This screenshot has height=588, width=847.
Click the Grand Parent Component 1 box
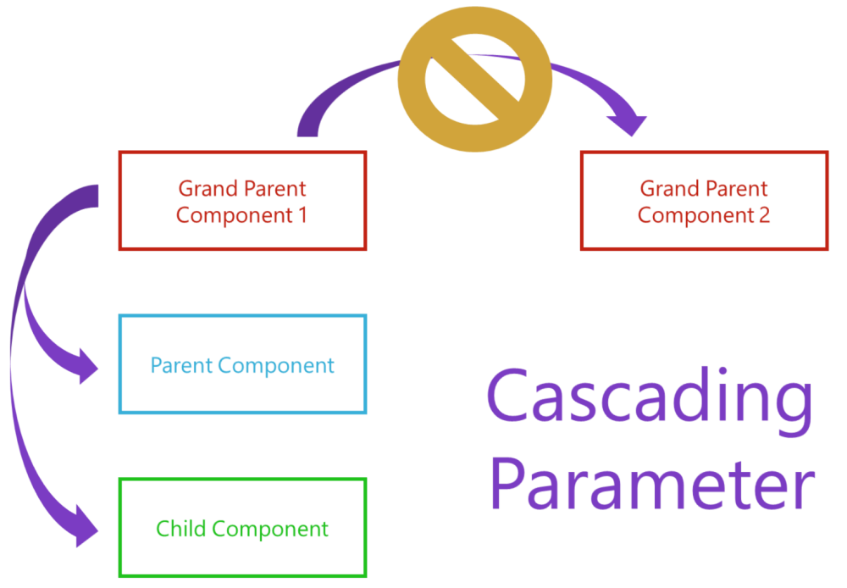pyautogui.click(x=242, y=201)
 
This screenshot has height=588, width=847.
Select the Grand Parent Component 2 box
pyautogui.click(x=704, y=201)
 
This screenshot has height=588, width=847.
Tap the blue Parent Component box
pyautogui.click(x=242, y=364)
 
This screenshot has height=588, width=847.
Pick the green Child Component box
pyautogui.click(x=242, y=528)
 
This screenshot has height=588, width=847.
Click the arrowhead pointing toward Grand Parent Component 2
pyautogui.click(x=630, y=124)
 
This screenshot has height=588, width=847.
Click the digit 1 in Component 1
pyautogui.click(x=302, y=215)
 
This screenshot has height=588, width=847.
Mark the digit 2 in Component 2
pyautogui.click(x=764, y=215)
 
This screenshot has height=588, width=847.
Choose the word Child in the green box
pyautogui.click(x=180, y=529)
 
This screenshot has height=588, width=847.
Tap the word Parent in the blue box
pyautogui.click(x=180, y=365)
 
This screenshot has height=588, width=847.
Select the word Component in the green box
pyautogui.click(x=270, y=530)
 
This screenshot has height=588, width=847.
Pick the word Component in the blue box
pyautogui.click(x=276, y=366)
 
